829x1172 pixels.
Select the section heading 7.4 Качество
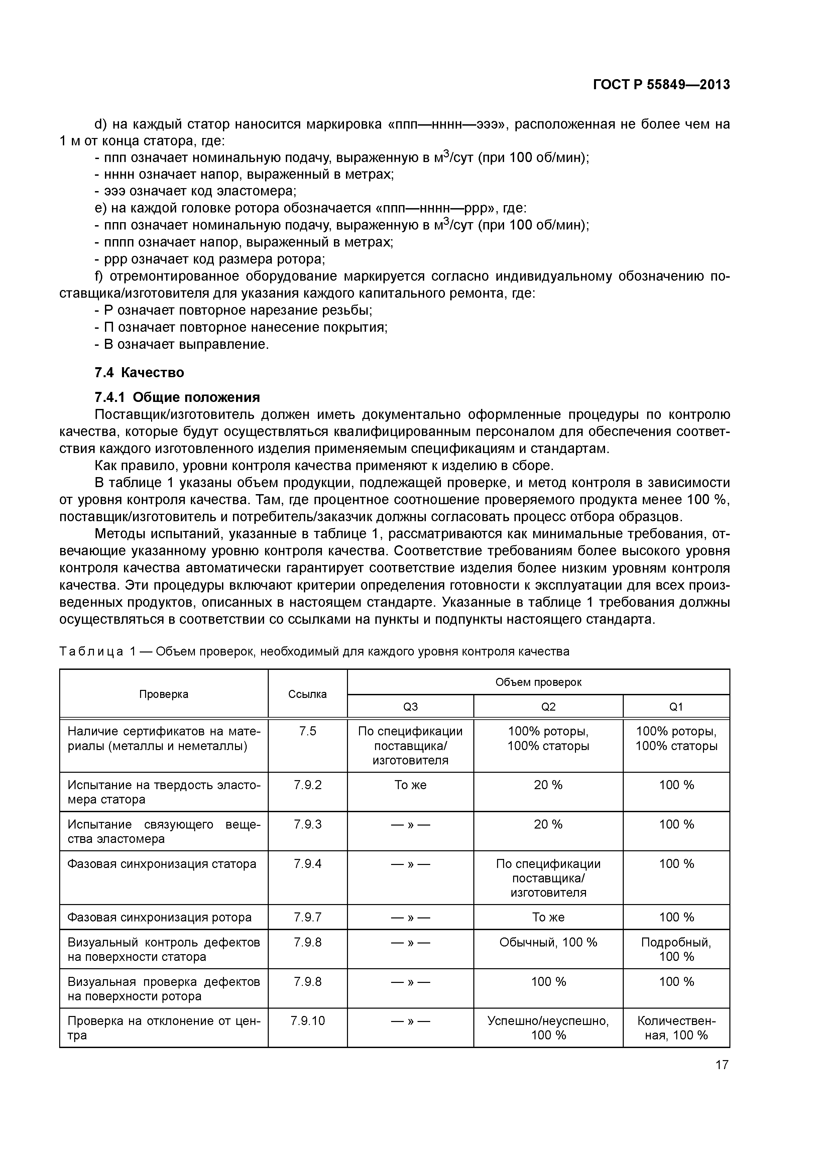click(139, 373)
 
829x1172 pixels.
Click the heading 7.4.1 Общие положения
click(177, 397)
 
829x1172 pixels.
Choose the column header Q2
click(548, 707)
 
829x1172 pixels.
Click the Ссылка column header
click(308, 694)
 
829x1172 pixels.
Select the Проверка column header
click(163, 694)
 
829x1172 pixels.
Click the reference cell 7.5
click(308, 731)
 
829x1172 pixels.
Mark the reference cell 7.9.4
click(308, 864)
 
